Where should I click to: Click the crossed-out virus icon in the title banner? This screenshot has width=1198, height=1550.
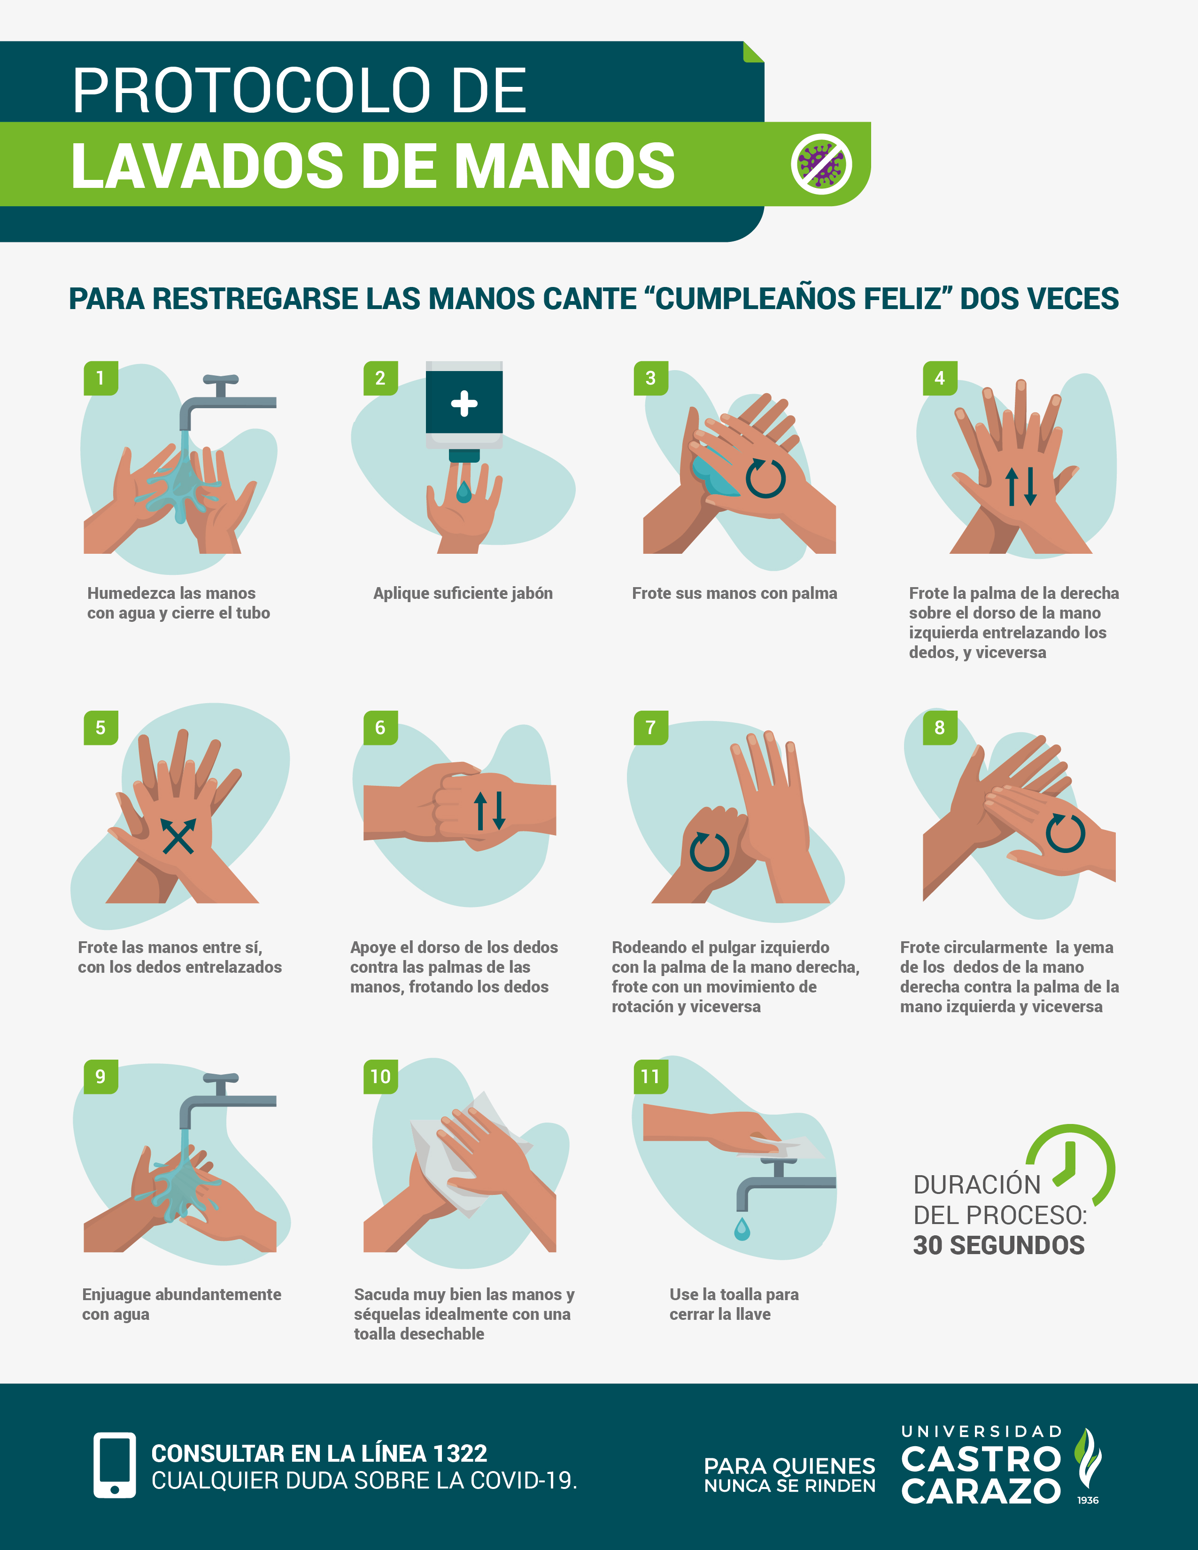[x=821, y=163]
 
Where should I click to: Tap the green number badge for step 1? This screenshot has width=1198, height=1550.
[x=101, y=378]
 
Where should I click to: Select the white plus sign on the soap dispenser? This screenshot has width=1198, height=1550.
[x=464, y=403]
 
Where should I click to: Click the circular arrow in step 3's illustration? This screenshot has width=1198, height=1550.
[x=765, y=478]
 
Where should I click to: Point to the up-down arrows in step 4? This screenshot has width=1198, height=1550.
[x=1021, y=486]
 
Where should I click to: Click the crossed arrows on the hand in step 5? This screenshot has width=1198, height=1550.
[x=178, y=835]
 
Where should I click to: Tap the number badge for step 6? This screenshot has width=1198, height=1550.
[x=380, y=728]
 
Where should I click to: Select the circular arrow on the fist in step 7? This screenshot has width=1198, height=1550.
[x=710, y=851]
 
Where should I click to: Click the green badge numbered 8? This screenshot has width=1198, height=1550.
[x=940, y=728]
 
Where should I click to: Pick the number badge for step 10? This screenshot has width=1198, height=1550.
[x=380, y=1077]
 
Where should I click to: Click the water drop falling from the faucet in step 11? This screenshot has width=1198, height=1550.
[x=742, y=1229]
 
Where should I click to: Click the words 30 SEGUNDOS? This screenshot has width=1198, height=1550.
[x=998, y=1246]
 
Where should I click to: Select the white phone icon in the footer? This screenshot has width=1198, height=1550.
[x=114, y=1465]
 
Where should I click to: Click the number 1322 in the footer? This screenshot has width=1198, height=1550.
[x=460, y=1454]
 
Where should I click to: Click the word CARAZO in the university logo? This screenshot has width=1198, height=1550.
[x=981, y=1491]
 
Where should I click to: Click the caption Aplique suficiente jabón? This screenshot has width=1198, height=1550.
[x=463, y=593]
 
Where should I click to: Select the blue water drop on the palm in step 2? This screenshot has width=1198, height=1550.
[x=464, y=491]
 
